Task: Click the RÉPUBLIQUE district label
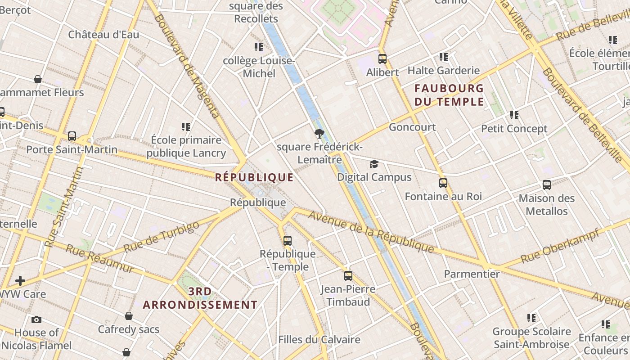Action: [254, 177]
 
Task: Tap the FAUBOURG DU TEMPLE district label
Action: [449, 95]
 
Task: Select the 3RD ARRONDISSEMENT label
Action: [200, 298]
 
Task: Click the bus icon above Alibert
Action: [382, 58]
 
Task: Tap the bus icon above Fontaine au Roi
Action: [443, 183]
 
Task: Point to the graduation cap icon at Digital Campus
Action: [374, 164]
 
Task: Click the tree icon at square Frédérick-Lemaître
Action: [319, 133]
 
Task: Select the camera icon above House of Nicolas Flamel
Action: [36, 319]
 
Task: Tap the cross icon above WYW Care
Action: [20, 281]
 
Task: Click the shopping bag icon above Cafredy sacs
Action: [129, 316]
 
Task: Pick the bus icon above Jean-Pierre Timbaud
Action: [348, 275]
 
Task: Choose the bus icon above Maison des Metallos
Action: [547, 184]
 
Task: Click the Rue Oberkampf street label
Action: [560, 246]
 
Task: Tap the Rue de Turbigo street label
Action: [161, 237]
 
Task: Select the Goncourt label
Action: [412, 127]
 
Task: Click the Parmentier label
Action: [472, 274]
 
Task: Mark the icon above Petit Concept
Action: [514, 115]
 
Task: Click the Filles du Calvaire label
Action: [319, 340]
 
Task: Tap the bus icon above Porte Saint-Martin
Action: [72, 136]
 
